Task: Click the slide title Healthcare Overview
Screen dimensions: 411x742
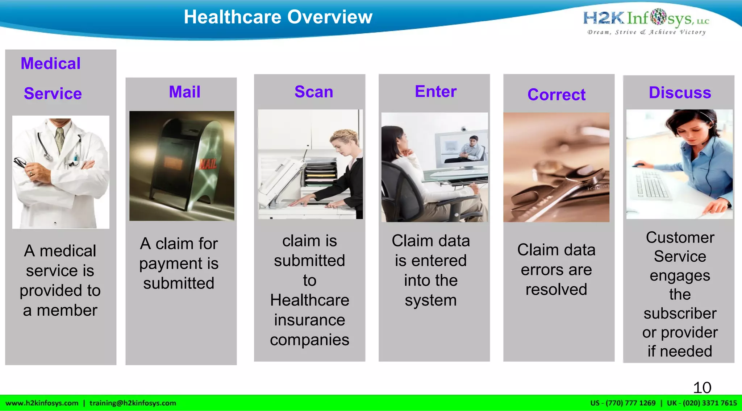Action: [278, 17]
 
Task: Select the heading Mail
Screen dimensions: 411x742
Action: [184, 92]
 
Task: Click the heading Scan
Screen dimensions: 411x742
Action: [314, 92]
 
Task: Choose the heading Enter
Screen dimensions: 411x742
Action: [435, 91]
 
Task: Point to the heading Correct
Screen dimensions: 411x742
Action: [556, 95]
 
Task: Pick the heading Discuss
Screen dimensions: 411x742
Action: [680, 93]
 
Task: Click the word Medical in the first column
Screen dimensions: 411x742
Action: [51, 63]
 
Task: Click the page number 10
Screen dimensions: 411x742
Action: [702, 388]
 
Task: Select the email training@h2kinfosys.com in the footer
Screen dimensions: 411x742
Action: [133, 403]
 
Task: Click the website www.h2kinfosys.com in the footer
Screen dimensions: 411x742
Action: [42, 403]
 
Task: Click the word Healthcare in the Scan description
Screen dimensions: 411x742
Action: [309, 300]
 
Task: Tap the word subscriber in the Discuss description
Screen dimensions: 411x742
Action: [680, 313]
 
